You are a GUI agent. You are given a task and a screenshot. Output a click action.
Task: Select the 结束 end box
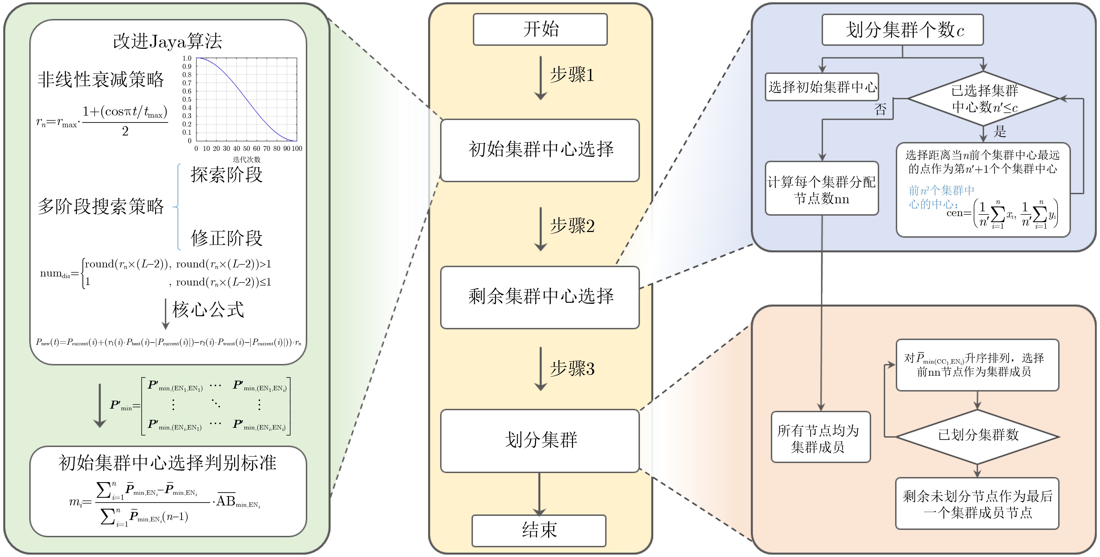coord(539,530)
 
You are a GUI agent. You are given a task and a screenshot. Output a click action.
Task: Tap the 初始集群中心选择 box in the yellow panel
coord(540,150)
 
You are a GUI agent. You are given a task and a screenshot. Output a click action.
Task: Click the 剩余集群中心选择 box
coord(540,297)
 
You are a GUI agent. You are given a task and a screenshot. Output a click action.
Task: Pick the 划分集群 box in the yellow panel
coord(540,440)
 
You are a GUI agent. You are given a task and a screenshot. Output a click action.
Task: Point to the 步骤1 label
coord(572,75)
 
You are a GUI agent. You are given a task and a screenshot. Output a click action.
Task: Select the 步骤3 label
coord(572,369)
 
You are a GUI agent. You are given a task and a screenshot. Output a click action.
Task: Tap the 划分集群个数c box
coord(902,30)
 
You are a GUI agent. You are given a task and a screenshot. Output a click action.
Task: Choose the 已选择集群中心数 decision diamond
coord(983,99)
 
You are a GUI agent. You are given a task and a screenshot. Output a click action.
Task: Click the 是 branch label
coord(1000,131)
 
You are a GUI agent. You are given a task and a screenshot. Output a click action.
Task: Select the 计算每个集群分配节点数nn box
coord(822,188)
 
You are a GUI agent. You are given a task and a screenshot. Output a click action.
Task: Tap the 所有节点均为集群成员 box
coord(820,437)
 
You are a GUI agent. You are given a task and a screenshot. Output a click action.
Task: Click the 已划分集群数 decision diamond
coord(978,436)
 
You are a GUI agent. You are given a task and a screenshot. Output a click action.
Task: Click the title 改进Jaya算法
coord(167,41)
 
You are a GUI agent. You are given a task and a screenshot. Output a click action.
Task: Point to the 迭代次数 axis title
coord(247,159)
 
